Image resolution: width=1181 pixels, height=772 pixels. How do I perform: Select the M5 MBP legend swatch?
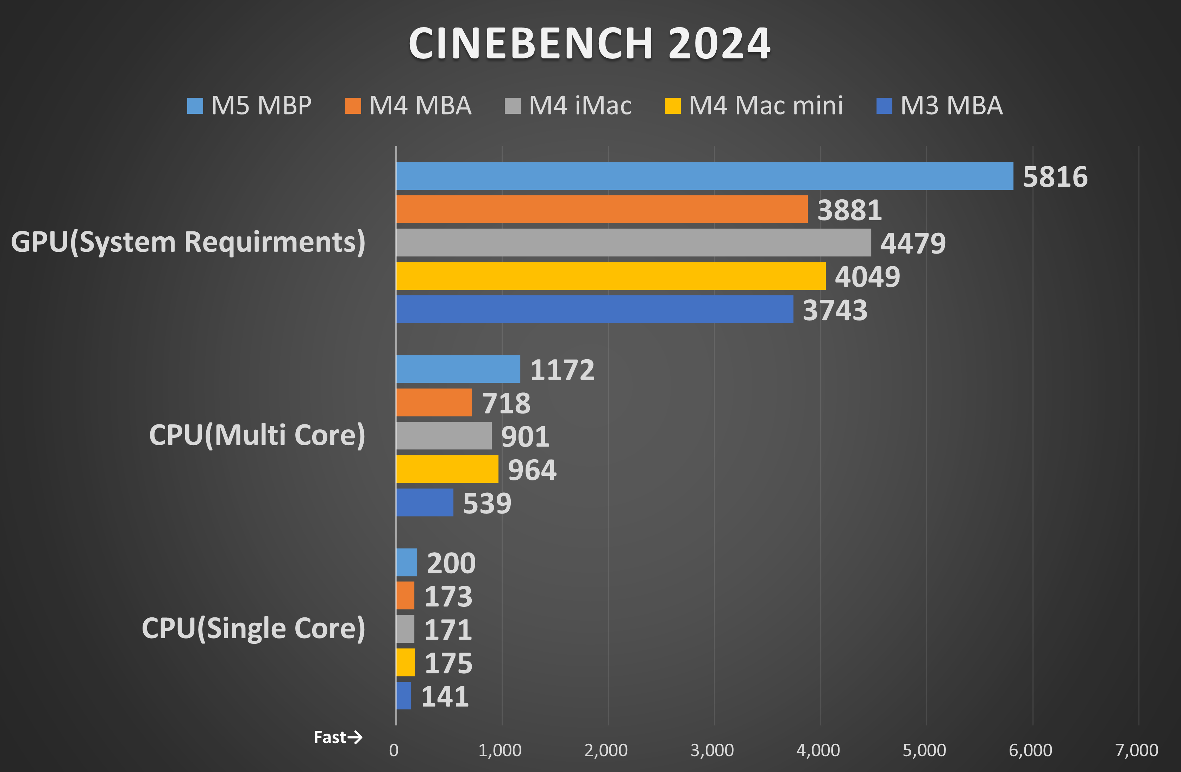195,106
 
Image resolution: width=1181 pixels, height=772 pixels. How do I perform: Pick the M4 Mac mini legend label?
765,106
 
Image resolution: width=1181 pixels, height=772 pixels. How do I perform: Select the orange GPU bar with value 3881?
602,209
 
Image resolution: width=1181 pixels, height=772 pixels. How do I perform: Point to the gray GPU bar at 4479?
633,242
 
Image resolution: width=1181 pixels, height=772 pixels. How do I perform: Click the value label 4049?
867,276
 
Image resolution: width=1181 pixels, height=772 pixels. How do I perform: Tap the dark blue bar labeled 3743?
595,309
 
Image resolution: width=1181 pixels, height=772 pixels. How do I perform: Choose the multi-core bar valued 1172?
458,369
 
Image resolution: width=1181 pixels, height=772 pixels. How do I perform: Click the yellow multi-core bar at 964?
447,469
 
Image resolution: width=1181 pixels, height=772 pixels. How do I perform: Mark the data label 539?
487,503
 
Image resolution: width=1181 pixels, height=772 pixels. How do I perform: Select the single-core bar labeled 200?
407,562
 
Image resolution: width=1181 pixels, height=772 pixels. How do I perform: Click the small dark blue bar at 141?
403,696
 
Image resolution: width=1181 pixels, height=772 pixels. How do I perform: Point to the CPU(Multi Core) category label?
257,435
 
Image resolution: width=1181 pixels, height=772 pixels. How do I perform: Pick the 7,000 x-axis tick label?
1136,750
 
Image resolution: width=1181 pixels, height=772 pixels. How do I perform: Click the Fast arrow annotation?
338,737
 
